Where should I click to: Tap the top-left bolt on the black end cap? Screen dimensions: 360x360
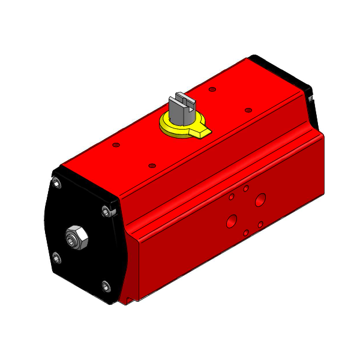57,184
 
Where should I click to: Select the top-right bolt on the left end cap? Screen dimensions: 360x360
107,211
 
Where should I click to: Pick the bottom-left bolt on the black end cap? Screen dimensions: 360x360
56,259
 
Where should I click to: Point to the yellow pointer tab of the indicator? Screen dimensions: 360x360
203,131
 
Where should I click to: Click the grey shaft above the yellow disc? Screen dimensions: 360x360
181,111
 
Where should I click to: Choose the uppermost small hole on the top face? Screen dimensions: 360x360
212,89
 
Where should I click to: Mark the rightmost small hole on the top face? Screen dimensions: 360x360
248,110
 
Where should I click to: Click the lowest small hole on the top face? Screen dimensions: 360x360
152,165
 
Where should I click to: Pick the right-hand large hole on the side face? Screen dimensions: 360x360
260,200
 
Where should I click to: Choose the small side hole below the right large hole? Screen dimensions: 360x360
261,224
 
